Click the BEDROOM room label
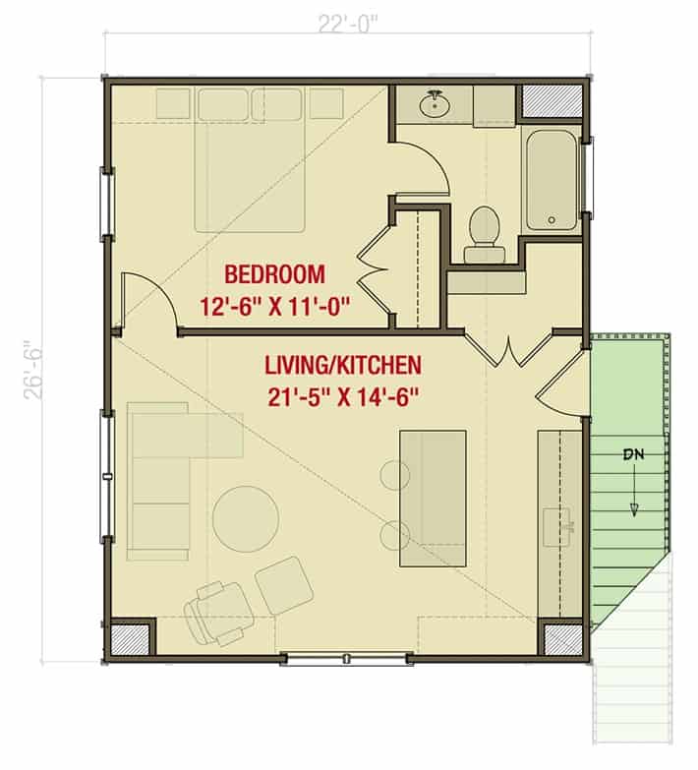pos(274,274)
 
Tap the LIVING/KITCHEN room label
pos(343,365)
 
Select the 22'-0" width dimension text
pos(348,24)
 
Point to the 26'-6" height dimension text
pos(33,370)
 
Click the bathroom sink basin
pos(434,104)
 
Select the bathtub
pos(552,180)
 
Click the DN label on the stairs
pos(634,454)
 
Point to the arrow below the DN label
pos(634,490)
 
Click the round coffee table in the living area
pos(246,519)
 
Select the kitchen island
pos(433,499)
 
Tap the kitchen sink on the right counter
pos(558,527)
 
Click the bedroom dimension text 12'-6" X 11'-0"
pos(274,308)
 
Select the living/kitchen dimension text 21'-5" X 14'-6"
pos(343,397)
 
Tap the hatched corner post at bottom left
pos(130,639)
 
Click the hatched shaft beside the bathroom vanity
pos(552,101)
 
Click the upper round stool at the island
pos(394,475)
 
